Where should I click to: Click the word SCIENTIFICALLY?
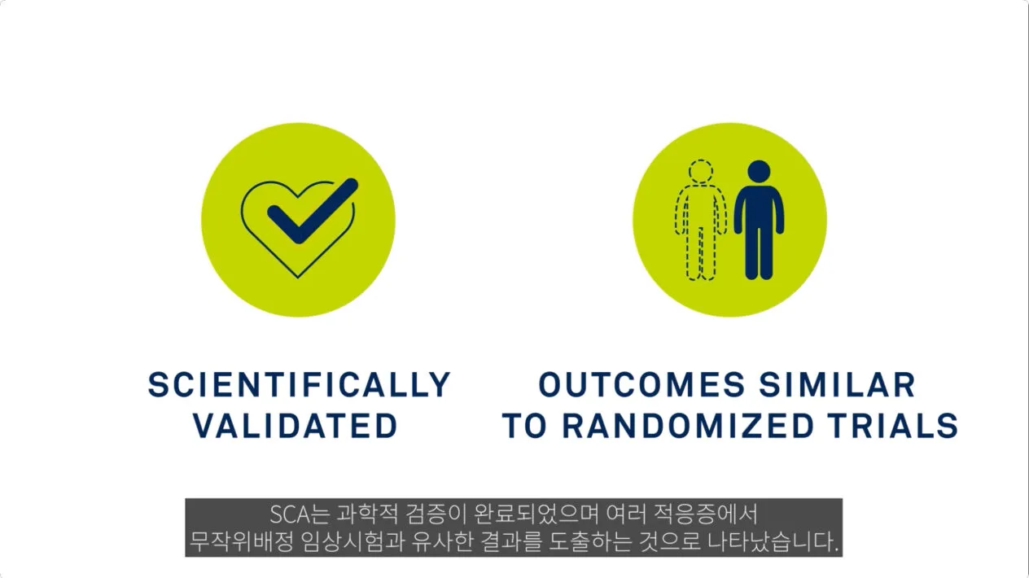(x=299, y=384)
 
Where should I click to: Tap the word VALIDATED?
(x=296, y=426)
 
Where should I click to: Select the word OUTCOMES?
(x=641, y=384)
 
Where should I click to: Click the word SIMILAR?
(x=837, y=384)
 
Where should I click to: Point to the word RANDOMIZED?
(x=689, y=426)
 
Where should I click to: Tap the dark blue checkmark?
(x=313, y=211)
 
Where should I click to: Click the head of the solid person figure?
(x=759, y=172)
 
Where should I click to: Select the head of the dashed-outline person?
(x=701, y=172)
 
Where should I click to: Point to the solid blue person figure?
(x=759, y=220)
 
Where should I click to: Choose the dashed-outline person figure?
(x=701, y=220)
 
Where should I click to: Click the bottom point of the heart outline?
(x=298, y=278)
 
